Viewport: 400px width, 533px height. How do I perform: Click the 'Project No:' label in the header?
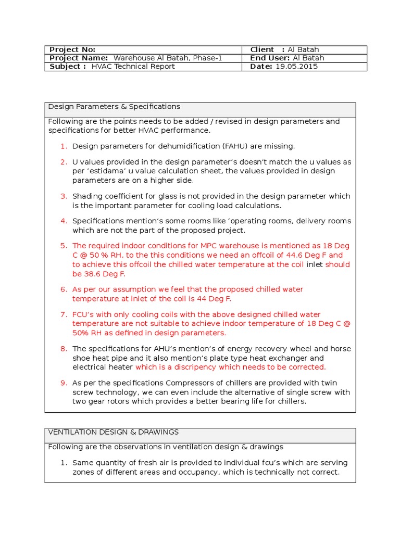[72, 49]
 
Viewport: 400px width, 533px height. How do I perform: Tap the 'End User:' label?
[270, 58]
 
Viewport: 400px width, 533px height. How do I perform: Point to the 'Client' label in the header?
[262, 49]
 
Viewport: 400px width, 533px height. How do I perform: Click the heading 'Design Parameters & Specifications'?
[114, 107]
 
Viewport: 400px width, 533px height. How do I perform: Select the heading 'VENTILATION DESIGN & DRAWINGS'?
[113, 432]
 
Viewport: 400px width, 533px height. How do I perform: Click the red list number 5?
[64, 246]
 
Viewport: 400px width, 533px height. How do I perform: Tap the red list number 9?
[64, 383]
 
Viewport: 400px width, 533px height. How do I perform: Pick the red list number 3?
[64, 196]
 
